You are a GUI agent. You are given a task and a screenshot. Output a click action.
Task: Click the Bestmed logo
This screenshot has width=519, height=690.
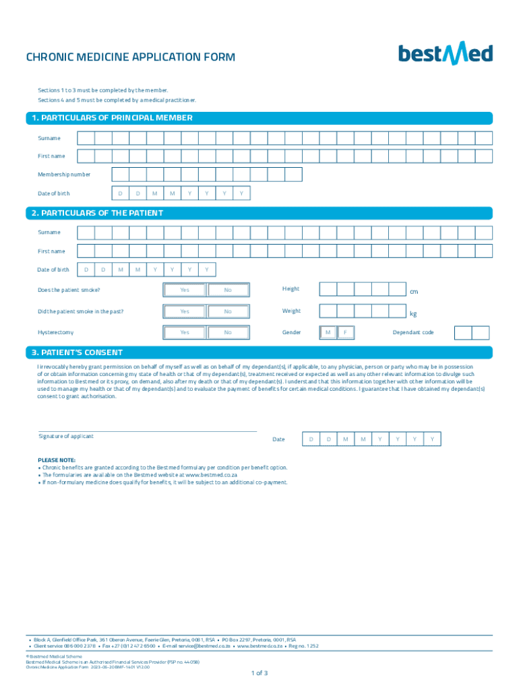pyautogui.click(x=445, y=54)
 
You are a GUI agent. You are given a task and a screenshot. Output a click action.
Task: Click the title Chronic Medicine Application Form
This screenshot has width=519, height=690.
pyautogui.click(x=131, y=57)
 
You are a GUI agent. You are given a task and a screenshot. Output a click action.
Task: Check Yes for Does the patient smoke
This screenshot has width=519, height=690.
pyautogui.click(x=184, y=290)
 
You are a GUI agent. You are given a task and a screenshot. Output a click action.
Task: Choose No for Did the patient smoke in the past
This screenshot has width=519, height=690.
pyautogui.click(x=228, y=311)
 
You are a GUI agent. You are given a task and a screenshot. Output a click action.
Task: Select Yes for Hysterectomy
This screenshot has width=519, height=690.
pyautogui.click(x=184, y=332)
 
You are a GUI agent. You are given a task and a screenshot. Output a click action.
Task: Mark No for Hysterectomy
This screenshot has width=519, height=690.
pyautogui.click(x=228, y=332)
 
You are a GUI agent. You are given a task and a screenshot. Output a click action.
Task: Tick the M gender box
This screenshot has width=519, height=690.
pyautogui.click(x=328, y=332)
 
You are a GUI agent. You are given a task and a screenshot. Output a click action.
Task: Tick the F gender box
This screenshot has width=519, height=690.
pyautogui.click(x=345, y=332)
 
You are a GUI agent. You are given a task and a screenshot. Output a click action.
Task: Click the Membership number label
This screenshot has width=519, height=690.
pyautogui.click(x=64, y=175)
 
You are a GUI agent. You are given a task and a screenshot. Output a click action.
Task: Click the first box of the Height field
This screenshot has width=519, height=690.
pyautogui.click(x=328, y=290)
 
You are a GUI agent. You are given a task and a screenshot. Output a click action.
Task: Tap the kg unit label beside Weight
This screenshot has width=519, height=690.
pyautogui.click(x=414, y=314)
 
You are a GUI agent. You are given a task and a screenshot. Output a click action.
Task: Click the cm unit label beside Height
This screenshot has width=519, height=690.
pyautogui.click(x=414, y=292)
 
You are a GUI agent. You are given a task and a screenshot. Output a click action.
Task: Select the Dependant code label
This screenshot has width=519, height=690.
pyautogui.click(x=413, y=332)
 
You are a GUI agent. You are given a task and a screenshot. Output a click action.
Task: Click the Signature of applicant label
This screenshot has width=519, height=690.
pyautogui.click(x=66, y=436)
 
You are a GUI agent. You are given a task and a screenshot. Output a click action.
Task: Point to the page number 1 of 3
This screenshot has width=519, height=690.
pyautogui.click(x=259, y=672)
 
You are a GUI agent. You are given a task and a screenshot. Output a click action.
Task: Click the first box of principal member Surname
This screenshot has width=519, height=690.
pyautogui.click(x=86, y=138)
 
